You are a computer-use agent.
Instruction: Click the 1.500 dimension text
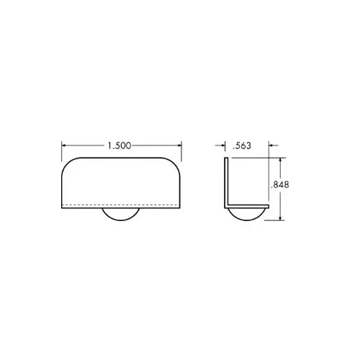click(120, 145)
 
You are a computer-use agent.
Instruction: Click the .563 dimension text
click(242, 145)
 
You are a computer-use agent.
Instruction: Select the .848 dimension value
click(279, 184)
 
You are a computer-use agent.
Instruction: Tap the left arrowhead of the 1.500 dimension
click(64, 145)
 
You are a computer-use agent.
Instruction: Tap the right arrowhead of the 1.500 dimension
click(179, 145)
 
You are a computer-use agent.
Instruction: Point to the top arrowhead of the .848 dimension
click(280, 161)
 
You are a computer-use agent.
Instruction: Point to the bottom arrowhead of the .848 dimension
click(280, 217)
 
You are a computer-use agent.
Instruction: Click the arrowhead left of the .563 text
click(223, 145)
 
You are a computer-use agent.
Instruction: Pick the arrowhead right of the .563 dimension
click(271, 145)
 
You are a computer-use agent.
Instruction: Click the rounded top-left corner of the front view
click(67, 163)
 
